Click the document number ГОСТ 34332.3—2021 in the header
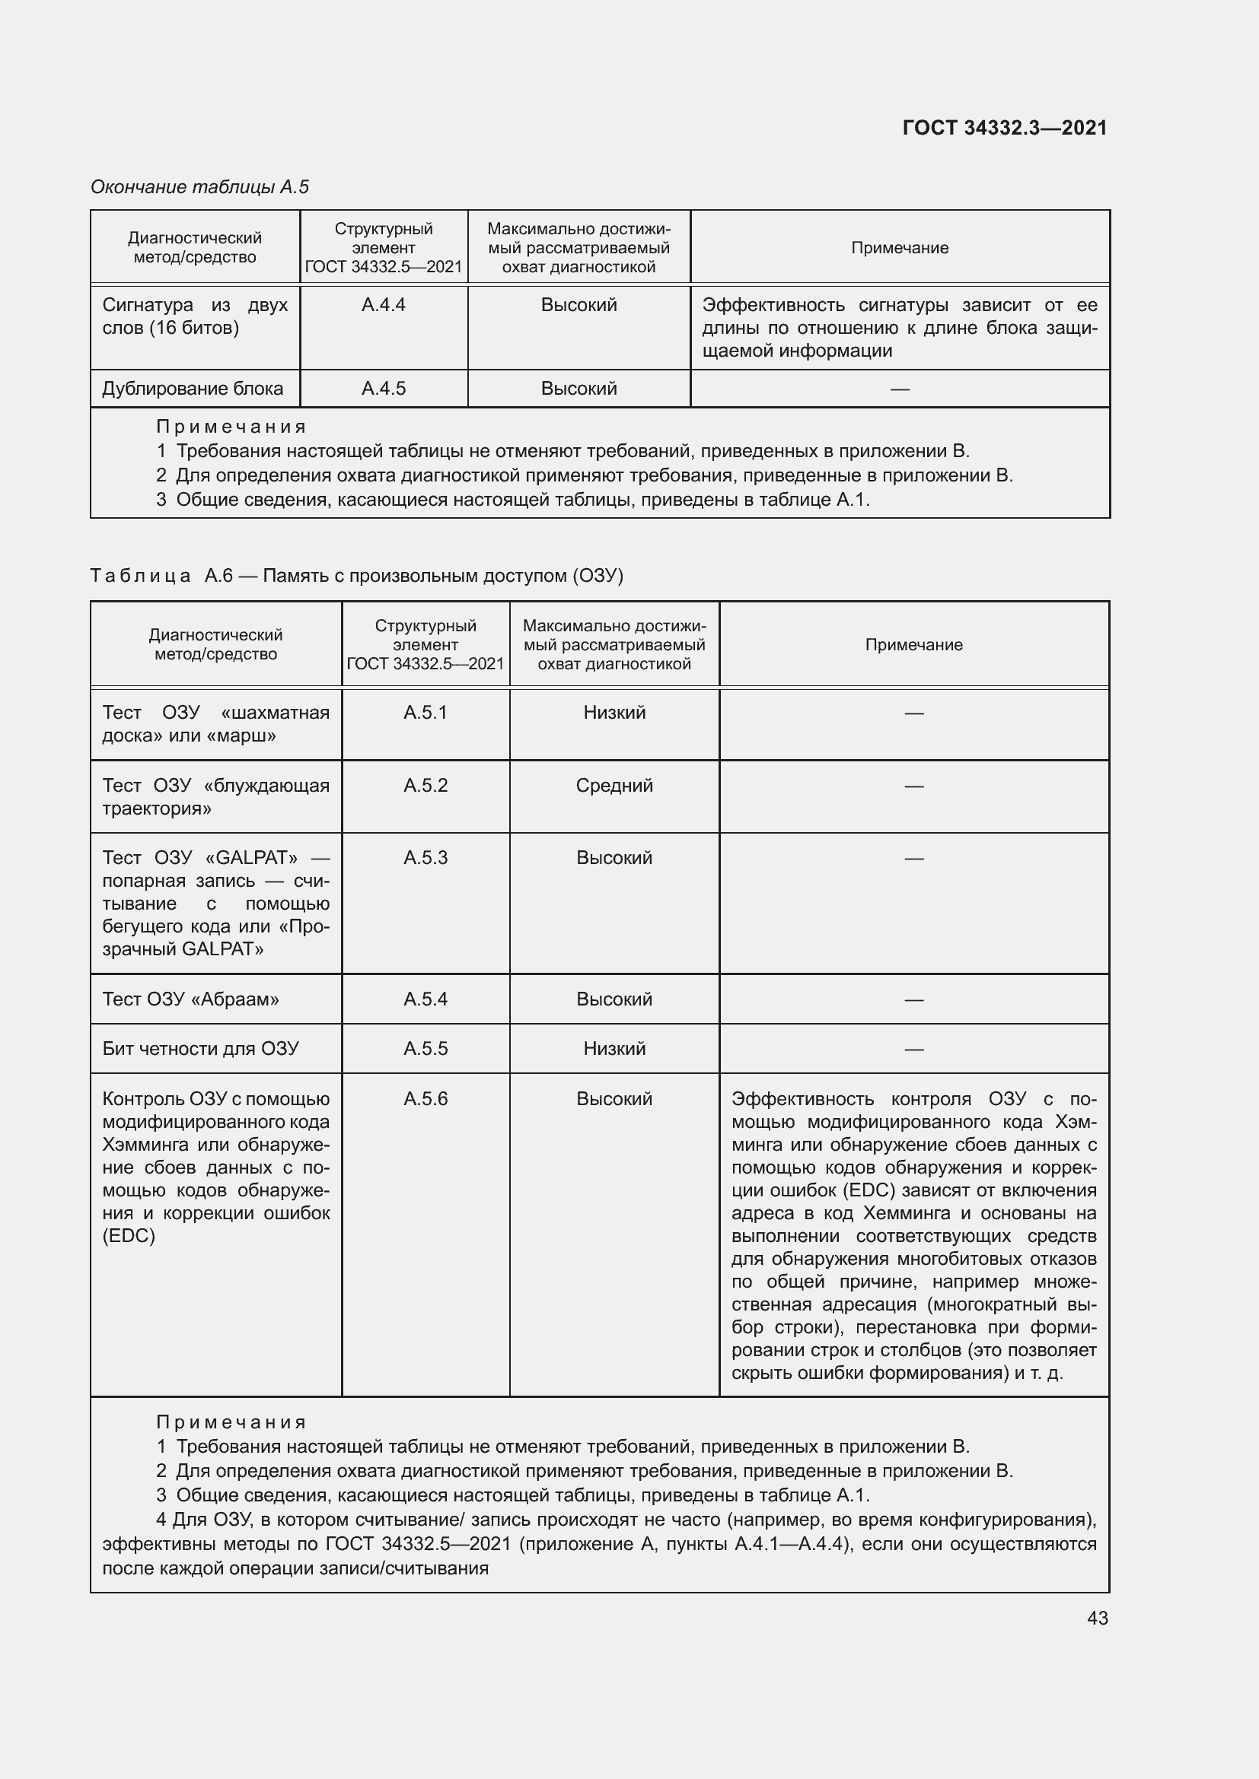[1004, 128]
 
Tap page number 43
[1097, 1618]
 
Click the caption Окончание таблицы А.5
[199, 187]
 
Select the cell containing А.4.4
[383, 305]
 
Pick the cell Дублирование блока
[193, 389]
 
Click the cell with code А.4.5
[383, 389]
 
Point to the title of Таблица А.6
[356, 576]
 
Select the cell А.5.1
[425, 713]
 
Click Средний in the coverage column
[614, 786]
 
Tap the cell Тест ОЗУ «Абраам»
[191, 999]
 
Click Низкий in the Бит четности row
[614, 1049]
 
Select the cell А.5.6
[425, 1100]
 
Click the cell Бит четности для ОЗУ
[200, 1049]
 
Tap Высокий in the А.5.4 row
[614, 999]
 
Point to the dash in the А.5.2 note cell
[913, 786]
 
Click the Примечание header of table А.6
[913, 645]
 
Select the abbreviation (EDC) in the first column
[129, 1237]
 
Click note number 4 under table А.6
[161, 1520]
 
